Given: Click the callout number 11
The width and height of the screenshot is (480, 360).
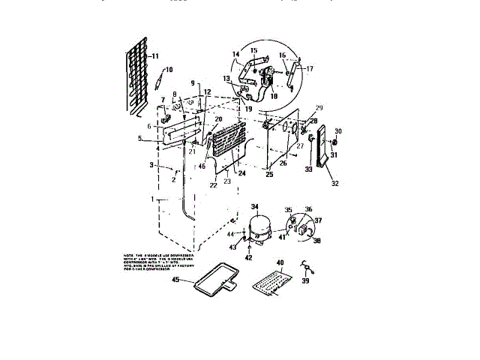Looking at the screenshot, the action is click(x=155, y=56).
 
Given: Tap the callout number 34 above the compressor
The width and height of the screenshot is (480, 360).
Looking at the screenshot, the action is click(x=254, y=207).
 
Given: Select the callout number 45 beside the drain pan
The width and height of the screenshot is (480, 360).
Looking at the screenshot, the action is click(x=176, y=280).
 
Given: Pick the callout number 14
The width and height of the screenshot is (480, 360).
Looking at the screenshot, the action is click(x=235, y=53).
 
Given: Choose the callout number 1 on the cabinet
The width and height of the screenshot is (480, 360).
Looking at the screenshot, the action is click(x=152, y=199).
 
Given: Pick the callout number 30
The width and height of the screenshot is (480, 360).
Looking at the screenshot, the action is click(x=338, y=130).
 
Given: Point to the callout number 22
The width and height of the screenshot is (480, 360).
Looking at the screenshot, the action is click(x=214, y=185).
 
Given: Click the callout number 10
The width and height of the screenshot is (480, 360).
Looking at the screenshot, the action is click(x=169, y=70).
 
